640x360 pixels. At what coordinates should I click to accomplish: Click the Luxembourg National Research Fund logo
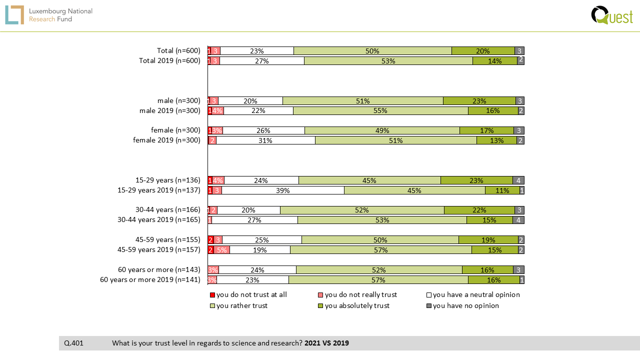48,15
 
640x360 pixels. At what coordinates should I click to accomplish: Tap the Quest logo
611,15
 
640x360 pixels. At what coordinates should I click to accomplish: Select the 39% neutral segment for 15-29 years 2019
283,190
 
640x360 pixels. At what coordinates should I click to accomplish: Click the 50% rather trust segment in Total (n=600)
372,51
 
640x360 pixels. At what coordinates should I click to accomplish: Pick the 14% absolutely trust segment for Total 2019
494,61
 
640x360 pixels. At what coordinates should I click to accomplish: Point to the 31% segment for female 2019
265,140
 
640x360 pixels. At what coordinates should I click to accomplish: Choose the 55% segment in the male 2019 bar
380,110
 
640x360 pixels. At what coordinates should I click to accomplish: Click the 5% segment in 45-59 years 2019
222,250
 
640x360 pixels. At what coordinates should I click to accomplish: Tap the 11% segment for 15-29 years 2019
502,190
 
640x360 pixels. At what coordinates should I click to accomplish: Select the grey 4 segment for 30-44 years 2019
518,220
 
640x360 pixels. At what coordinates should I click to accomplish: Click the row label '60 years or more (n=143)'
159,270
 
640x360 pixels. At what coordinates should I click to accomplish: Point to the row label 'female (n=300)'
175,130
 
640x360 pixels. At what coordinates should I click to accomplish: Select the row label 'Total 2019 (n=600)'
169,61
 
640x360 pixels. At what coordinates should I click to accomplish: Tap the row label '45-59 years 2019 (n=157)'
158,250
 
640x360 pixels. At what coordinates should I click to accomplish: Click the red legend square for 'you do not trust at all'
212,295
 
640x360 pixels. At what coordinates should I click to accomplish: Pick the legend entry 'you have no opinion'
465,305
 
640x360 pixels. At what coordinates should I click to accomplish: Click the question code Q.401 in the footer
73,343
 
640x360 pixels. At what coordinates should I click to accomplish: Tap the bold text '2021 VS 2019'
326,343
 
